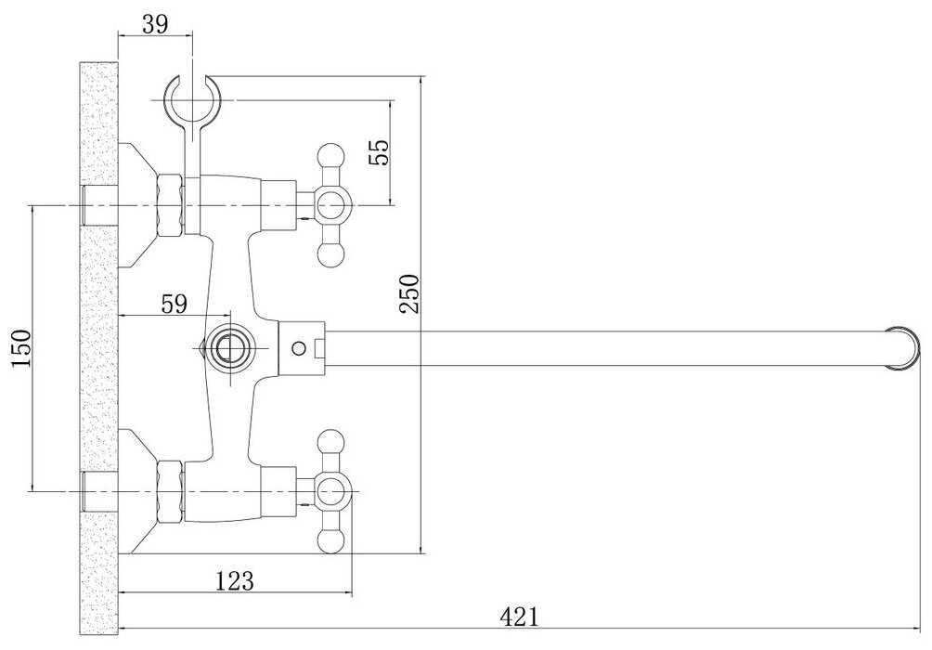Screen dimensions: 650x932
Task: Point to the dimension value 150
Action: tap(20, 347)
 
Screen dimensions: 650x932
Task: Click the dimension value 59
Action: tap(174, 303)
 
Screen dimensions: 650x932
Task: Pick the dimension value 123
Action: tap(234, 580)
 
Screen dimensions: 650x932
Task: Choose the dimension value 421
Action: tap(520, 615)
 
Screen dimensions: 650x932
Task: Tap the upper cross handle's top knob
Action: tap(331, 155)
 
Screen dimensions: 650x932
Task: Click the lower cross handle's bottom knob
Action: tap(331, 538)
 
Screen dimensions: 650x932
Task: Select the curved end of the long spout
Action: tap(904, 348)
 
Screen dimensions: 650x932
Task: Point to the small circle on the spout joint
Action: tap(297, 348)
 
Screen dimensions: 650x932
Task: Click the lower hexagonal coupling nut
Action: tap(172, 490)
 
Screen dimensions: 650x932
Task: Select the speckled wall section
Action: tap(98, 353)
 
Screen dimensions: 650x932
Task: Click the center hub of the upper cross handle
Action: tap(331, 204)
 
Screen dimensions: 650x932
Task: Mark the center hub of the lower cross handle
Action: tap(331, 489)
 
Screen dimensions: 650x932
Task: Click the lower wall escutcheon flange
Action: tap(137, 490)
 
